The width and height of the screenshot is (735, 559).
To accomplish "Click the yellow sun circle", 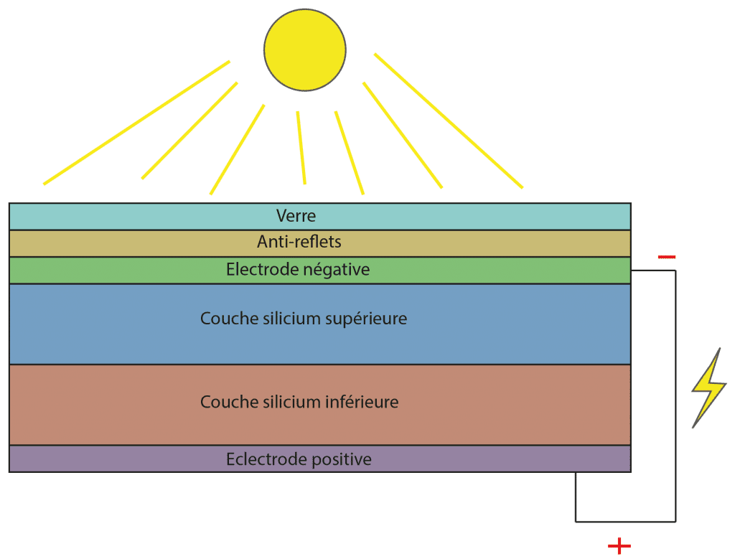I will click(x=305, y=50).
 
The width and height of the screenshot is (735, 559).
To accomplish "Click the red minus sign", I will click(x=666, y=256).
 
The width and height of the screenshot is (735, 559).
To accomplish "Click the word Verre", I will click(x=296, y=215).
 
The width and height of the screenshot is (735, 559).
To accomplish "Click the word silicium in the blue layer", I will click(x=282, y=319).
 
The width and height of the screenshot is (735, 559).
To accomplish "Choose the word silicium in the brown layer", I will click(x=282, y=402).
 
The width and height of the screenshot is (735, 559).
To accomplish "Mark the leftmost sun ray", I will click(x=136, y=123).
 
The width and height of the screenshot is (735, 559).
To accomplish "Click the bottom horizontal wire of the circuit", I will click(x=624, y=521).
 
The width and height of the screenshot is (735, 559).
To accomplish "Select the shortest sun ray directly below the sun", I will click(x=301, y=147).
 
